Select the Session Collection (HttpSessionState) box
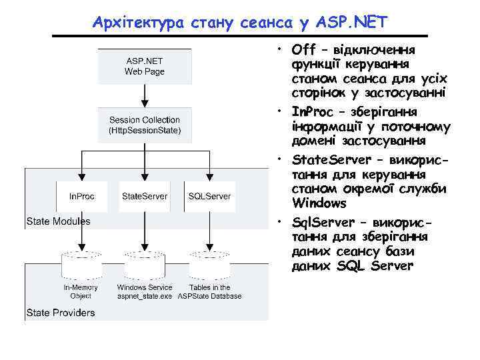click(145, 125)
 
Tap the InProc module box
click(81, 196)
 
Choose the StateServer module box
click(145, 196)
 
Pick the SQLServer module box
click(209, 196)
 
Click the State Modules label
click(58, 221)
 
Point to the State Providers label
click(61, 312)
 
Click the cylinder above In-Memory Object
click(81, 264)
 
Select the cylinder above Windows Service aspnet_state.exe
click(145, 264)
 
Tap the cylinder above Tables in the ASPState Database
click(209, 264)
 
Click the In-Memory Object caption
click(81, 291)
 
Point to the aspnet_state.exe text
click(145, 296)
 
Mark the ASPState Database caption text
click(209, 296)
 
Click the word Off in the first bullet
click(303, 51)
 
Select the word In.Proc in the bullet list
click(312, 112)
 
